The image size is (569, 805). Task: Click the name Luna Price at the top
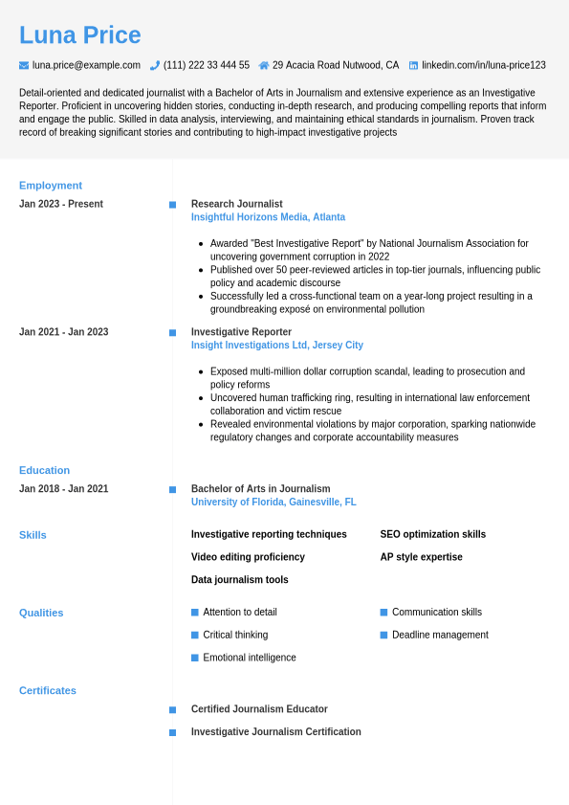coord(79,35)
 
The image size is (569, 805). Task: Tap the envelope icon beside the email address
coord(24,65)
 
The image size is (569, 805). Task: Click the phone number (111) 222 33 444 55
coord(206,65)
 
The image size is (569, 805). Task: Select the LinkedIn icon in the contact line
coord(413,65)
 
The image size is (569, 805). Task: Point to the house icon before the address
coord(264,65)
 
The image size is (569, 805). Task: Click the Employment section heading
coord(51,186)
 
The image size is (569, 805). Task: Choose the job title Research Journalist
coord(236,204)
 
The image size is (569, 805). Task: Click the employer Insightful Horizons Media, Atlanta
coord(268,217)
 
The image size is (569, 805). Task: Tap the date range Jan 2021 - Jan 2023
coord(63,332)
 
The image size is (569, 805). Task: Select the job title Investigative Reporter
coord(241,332)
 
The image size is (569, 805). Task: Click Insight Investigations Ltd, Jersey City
coord(276,346)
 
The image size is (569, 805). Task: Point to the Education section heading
coord(44,470)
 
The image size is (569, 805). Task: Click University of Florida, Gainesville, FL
coord(274,502)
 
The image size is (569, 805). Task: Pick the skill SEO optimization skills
coord(432,534)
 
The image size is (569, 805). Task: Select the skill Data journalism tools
coord(239,580)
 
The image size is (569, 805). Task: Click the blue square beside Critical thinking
coord(195,635)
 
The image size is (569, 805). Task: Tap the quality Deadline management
coord(440,635)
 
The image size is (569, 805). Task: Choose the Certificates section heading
coord(48,690)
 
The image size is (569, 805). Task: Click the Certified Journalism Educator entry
coord(259,709)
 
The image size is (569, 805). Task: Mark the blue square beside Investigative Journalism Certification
coord(172,732)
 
